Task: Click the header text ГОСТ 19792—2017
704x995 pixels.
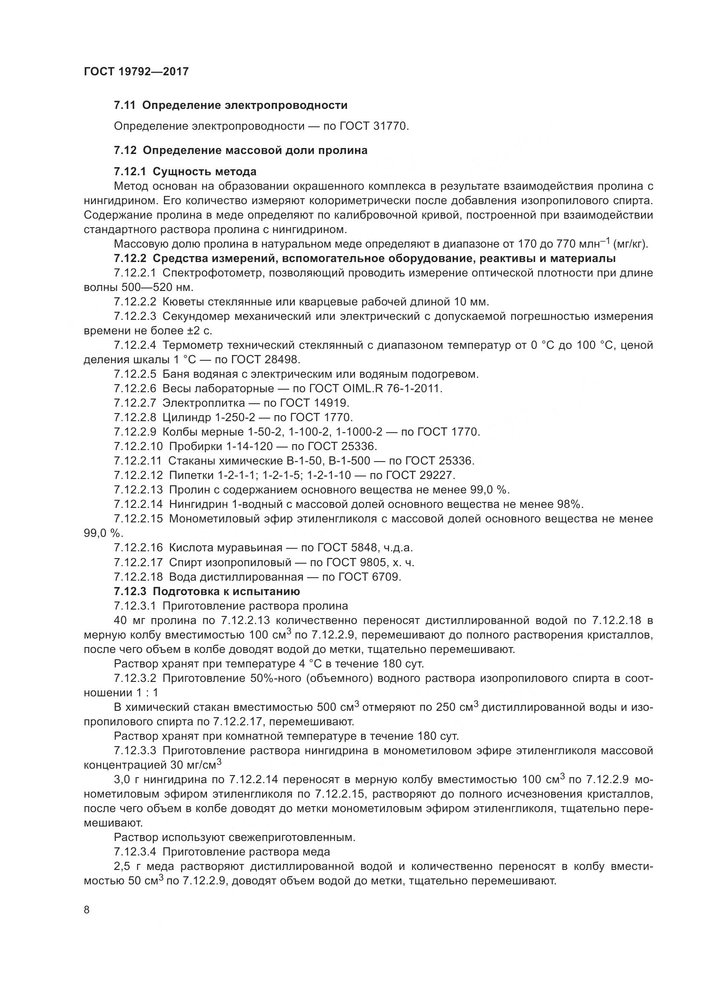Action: (x=136, y=71)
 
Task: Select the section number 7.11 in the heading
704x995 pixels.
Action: (x=125, y=105)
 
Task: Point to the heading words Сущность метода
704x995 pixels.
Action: (x=204, y=171)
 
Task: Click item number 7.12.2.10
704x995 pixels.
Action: (x=138, y=446)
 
